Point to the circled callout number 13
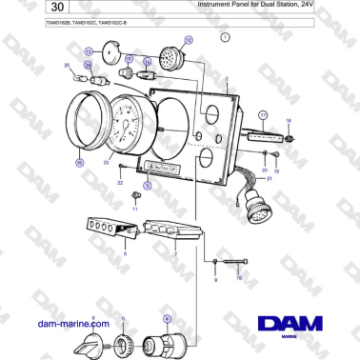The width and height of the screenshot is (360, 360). coord(89,51)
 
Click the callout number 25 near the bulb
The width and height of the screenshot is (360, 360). coord(67,65)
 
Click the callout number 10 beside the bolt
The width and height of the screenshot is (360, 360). coord(239,277)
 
